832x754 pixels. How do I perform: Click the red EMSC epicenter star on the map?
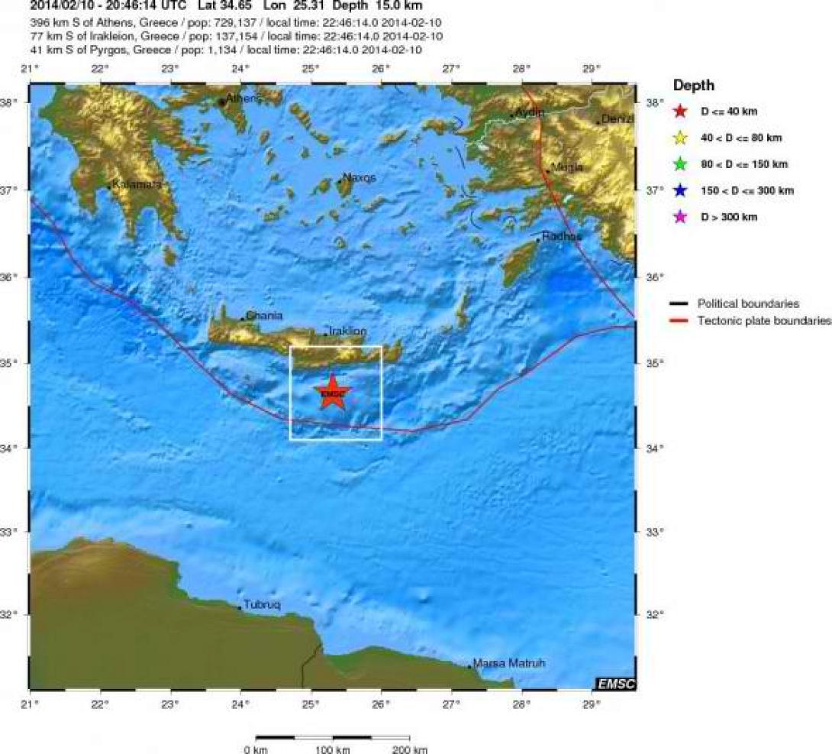point(333,393)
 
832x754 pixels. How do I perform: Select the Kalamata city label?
point(137,184)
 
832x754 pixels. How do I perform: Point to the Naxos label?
point(360,177)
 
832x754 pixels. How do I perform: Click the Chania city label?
point(264,316)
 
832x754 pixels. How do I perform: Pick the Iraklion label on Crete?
point(347,332)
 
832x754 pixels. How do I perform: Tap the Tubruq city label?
point(262,605)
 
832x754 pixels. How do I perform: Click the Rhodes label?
point(562,237)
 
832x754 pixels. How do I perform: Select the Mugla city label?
point(567,167)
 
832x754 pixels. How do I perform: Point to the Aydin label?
point(530,112)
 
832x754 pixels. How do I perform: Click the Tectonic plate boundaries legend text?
point(764,321)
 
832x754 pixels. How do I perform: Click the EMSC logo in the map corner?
point(614,683)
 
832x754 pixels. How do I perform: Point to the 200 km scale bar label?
point(410,749)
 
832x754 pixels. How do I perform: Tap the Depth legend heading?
point(694,86)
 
